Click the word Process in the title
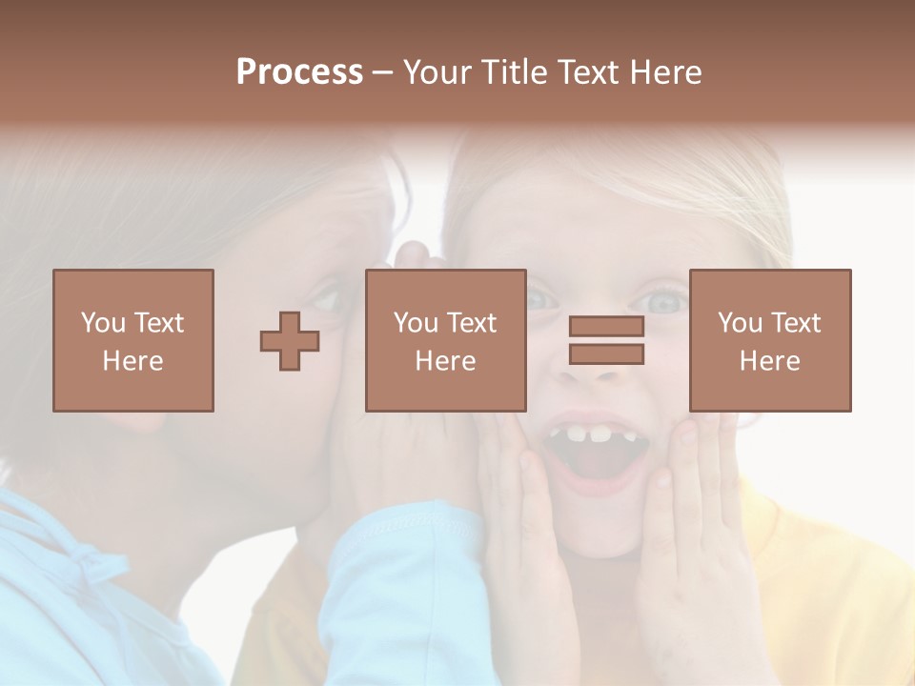point(299,72)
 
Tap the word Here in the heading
point(664,72)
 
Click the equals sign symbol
point(606,340)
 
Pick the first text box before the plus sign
point(133,340)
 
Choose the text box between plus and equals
point(445,340)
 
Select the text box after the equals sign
point(770,340)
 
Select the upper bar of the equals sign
point(606,327)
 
